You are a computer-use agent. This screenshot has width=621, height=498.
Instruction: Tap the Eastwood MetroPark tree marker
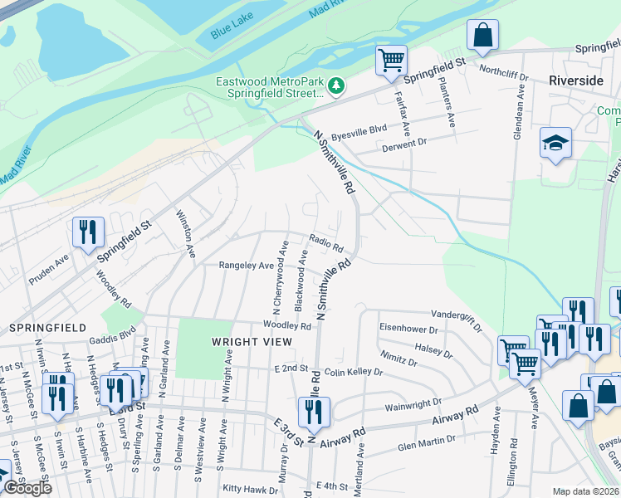tap(336, 85)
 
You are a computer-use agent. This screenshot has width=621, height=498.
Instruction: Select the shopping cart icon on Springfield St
tap(391, 60)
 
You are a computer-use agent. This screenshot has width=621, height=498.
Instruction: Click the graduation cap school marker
tap(555, 144)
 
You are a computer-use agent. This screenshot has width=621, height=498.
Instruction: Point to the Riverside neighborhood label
tap(575, 81)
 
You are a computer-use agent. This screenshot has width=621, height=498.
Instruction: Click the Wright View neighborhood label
tap(252, 342)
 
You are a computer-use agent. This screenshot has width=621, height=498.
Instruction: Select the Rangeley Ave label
tap(246, 266)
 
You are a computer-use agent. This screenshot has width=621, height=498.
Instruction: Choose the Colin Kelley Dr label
tap(353, 373)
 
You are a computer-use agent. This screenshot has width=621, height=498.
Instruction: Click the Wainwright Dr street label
tap(411, 408)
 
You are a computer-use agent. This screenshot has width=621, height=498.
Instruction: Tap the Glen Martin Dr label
tap(427, 446)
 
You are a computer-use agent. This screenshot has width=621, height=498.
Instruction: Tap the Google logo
tap(27, 488)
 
